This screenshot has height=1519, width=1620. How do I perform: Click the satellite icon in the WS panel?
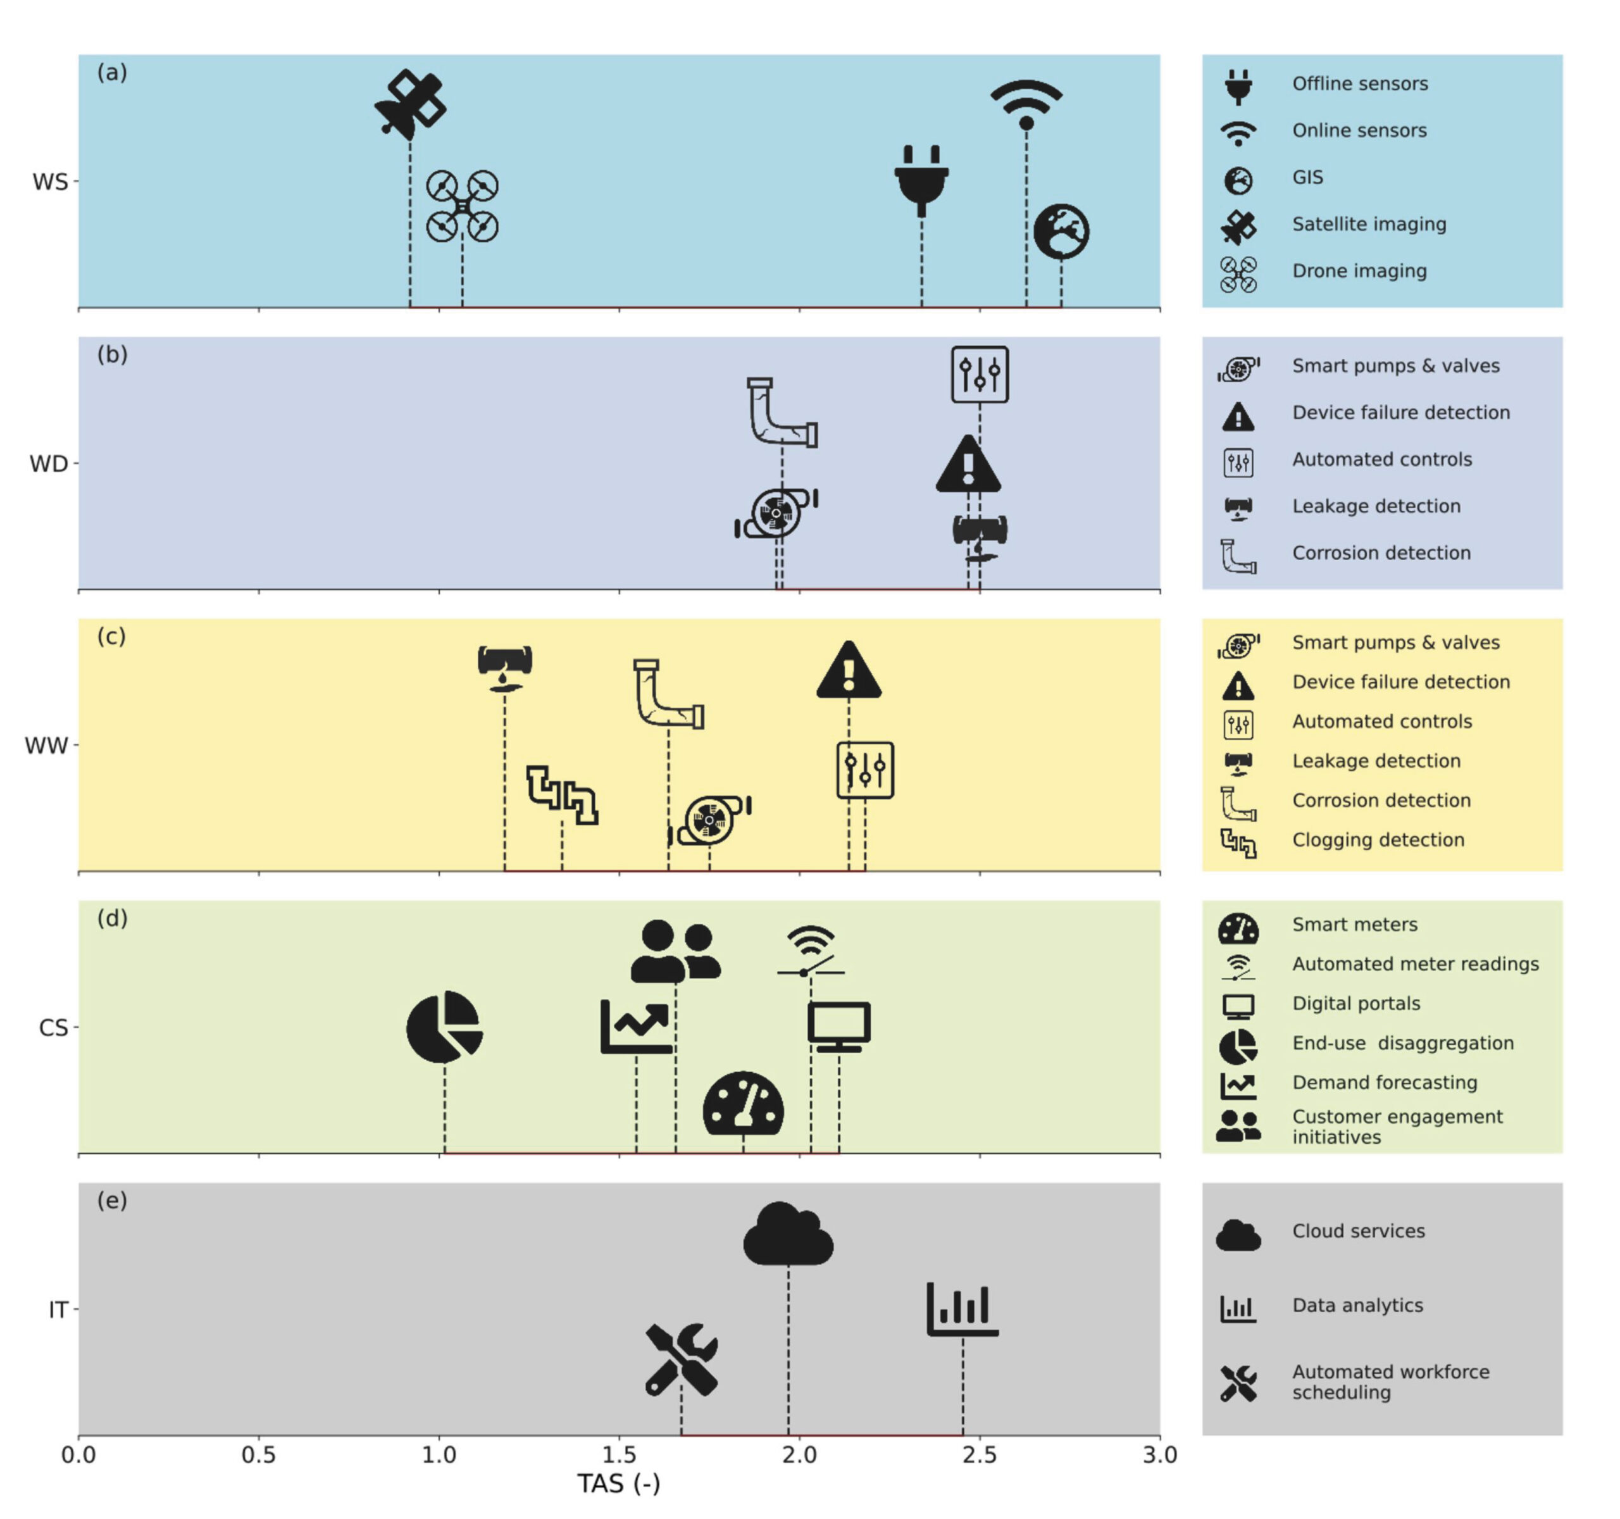click(410, 105)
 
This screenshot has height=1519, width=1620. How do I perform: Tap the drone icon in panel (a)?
click(462, 206)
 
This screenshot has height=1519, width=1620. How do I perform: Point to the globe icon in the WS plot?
click(1061, 232)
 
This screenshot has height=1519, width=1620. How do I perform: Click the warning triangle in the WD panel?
click(968, 464)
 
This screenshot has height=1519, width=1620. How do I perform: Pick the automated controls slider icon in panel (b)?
click(980, 375)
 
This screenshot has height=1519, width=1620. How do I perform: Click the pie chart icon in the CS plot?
click(445, 1027)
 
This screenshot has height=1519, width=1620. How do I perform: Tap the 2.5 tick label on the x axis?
click(980, 1454)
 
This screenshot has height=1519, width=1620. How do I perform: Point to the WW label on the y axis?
click(46, 746)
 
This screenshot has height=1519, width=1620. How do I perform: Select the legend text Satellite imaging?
click(1369, 224)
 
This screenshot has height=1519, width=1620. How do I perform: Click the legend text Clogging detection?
click(1378, 839)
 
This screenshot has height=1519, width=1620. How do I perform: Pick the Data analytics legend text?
click(1357, 1304)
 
